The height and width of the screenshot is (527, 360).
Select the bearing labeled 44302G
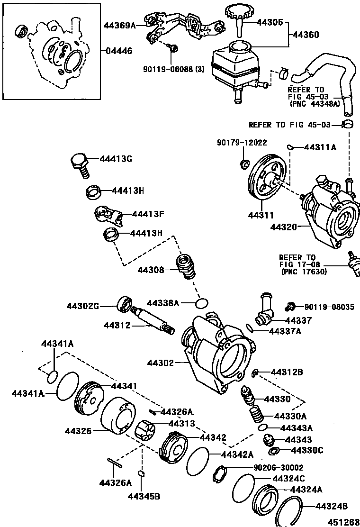pos(126,304)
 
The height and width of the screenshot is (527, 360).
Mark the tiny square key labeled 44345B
pos(141,473)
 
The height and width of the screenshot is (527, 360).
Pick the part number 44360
pos(306,35)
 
